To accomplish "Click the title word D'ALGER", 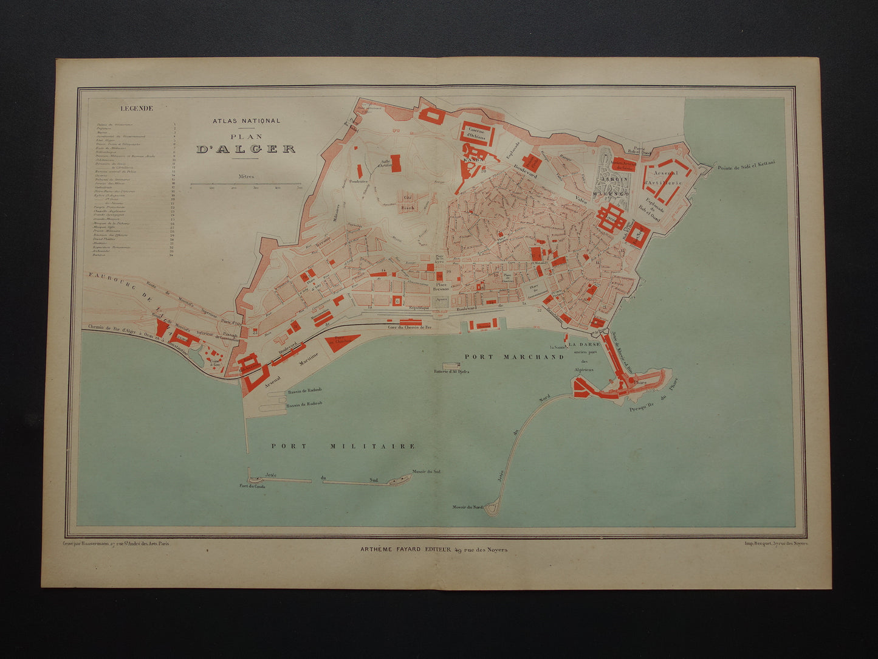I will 246,149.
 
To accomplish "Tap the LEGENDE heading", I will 137,109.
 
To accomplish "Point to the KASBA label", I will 473,159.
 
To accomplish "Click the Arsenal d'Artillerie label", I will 664,178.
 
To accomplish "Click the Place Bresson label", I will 441,287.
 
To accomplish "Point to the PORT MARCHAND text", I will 514,357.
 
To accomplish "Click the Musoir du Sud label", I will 426,471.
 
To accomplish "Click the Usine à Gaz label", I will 214,361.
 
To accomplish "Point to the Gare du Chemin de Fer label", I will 410,328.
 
